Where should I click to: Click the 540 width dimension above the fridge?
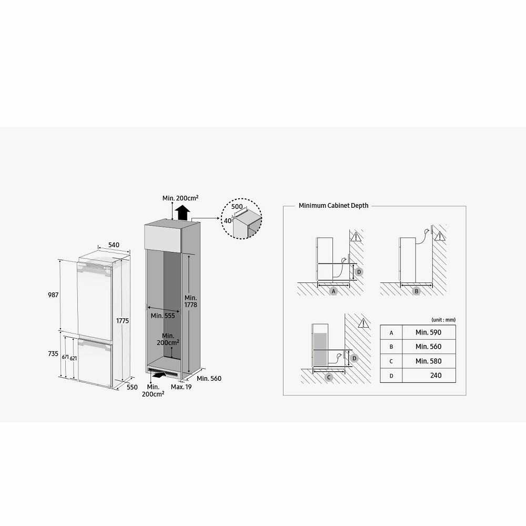click(114, 245)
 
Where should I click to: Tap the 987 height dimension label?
click(53, 295)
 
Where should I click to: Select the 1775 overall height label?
click(123, 321)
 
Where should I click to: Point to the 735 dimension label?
click(53, 353)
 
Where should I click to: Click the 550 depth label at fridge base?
click(132, 387)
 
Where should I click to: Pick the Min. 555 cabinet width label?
click(163, 316)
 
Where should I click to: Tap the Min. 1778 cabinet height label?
click(190, 301)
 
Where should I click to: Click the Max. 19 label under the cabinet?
click(181, 387)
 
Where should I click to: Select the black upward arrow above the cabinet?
click(183, 213)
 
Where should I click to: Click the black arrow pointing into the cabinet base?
click(159, 375)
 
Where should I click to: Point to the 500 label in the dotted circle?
click(237, 207)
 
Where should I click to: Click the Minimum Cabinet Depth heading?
click(333, 206)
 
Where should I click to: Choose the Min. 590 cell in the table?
click(428, 332)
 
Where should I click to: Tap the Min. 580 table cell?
click(428, 361)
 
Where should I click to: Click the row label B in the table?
click(391, 347)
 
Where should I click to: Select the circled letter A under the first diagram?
click(333, 291)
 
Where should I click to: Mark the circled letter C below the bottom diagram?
click(329, 377)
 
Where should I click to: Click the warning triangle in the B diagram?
click(439, 237)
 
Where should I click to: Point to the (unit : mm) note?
click(443, 320)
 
